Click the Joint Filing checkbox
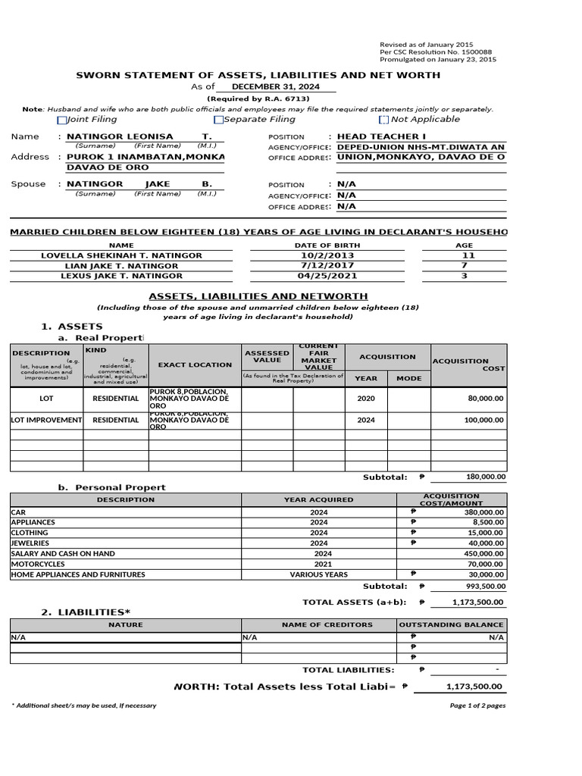(62, 120)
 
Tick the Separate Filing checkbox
(219, 120)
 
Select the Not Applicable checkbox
(383, 120)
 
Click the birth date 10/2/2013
(318, 256)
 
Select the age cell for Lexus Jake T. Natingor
(464, 277)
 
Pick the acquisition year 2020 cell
(365, 398)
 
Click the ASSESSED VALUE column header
(267, 357)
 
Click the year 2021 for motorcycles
(319, 565)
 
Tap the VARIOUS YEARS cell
(319, 575)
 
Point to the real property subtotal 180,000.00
(480, 477)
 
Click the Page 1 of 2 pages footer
(477, 706)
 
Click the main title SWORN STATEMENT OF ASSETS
(258, 75)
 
